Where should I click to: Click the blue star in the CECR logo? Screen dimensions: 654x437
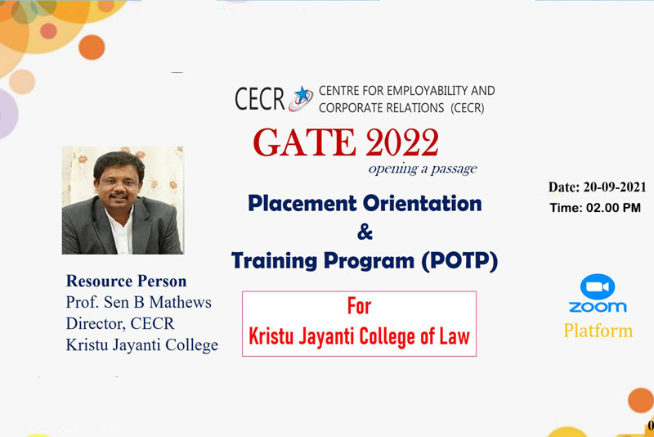(x=302, y=94)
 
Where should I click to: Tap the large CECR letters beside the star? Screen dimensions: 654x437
(x=259, y=99)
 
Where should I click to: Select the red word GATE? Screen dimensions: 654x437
(x=304, y=142)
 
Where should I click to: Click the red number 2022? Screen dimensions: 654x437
(x=402, y=142)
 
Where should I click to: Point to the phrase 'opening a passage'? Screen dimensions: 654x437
(x=423, y=169)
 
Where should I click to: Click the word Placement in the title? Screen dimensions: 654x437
(x=302, y=203)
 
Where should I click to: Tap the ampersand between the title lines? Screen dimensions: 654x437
(x=365, y=232)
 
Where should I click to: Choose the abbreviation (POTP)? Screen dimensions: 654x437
(x=459, y=261)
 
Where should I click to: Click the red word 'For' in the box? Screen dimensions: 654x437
(x=359, y=306)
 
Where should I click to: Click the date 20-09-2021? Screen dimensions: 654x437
(x=615, y=187)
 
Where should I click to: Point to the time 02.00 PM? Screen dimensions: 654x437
(x=614, y=208)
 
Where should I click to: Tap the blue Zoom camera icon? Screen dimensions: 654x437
(x=598, y=286)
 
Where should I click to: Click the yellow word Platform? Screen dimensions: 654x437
(x=598, y=331)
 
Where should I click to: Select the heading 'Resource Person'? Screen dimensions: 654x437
(x=127, y=282)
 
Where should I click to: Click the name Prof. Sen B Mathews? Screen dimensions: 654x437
(x=138, y=302)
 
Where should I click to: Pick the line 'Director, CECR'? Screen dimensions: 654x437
(x=120, y=323)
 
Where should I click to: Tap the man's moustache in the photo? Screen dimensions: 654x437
(x=119, y=196)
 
